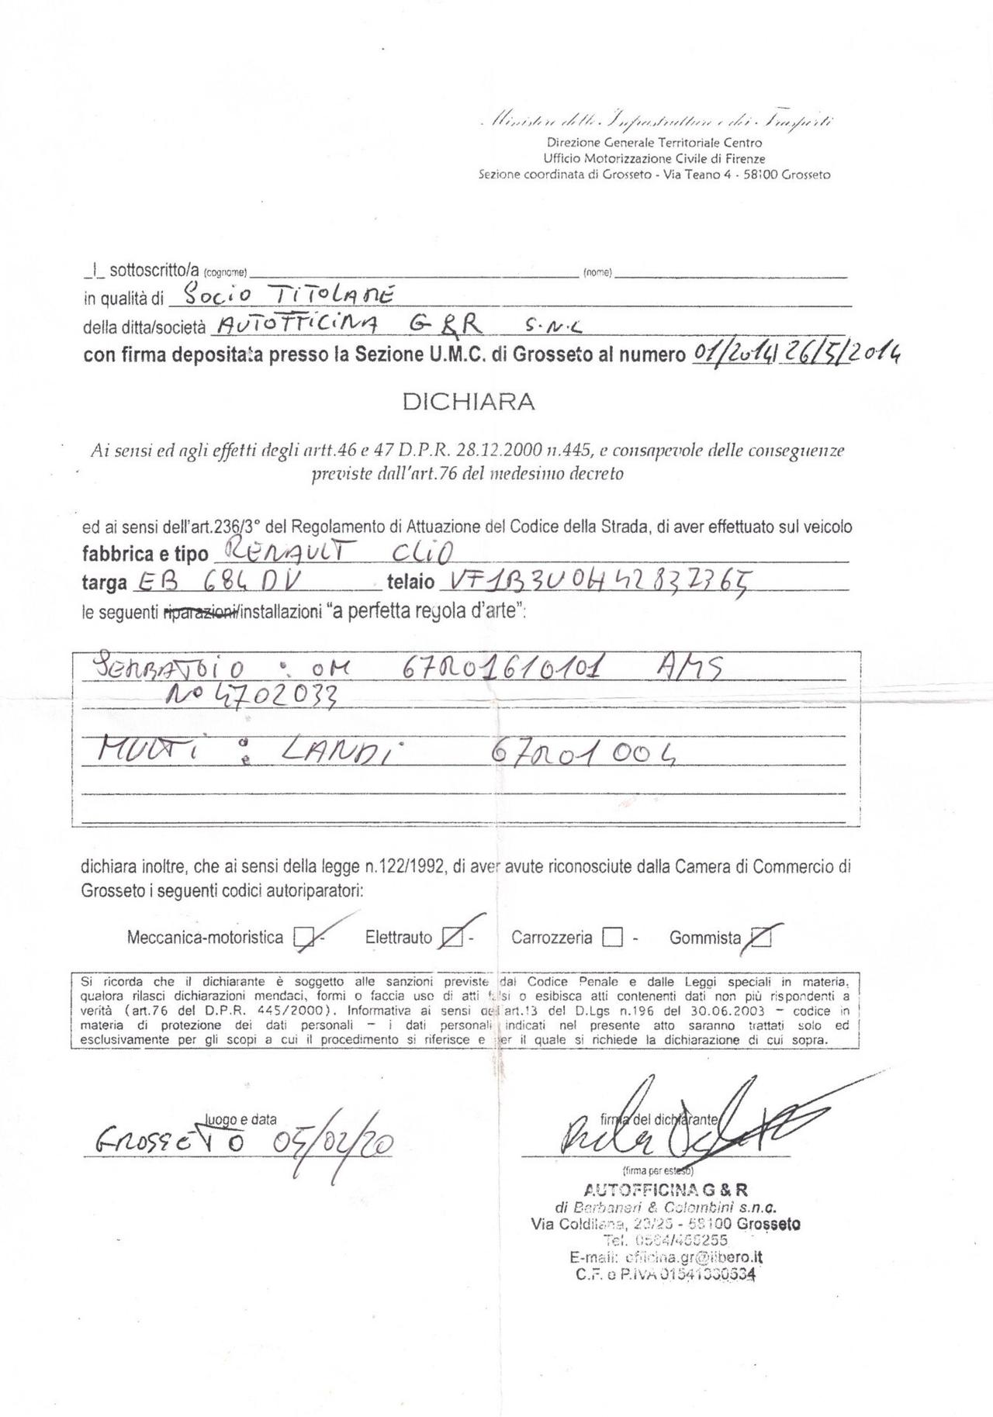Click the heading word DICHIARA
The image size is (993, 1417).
coord(468,402)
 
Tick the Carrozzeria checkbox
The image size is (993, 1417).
coord(612,938)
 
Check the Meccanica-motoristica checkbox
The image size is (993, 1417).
coord(303,938)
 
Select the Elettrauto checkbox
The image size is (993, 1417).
coord(450,938)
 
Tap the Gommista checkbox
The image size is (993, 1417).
coord(762,938)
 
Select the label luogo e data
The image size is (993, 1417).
coord(240,1119)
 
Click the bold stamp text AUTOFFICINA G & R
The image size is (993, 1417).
coord(666,1191)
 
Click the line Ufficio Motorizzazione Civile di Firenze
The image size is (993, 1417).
coord(655,158)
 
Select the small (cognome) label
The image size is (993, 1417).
coord(225,272)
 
